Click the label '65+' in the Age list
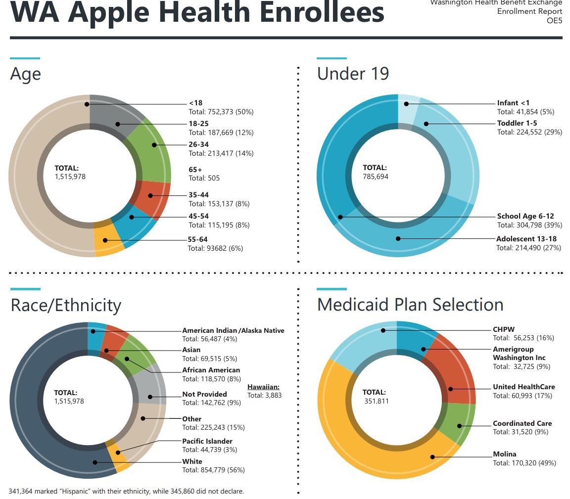[195, 170]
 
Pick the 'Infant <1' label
[513, 103]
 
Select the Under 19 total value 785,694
[376, 176]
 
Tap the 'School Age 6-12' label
[525, 216]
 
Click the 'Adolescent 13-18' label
[526, 239]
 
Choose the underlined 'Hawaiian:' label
[263, 387]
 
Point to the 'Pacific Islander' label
[207, 441]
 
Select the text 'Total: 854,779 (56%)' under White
[213, 470]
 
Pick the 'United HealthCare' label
[523, 387]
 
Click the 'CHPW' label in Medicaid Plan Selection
[504, 329]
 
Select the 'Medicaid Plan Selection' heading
[410, 305]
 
